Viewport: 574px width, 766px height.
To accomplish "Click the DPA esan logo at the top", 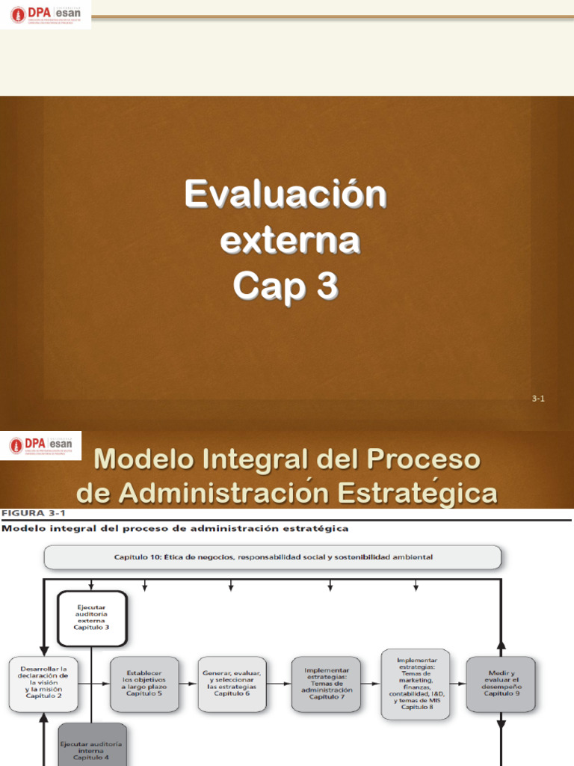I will [x=46, y=15].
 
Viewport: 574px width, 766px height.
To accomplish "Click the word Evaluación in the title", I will [x=286, y=195].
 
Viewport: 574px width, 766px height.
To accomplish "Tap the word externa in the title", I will [x=290, y=240].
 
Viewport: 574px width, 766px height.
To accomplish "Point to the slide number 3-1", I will [x=538, y=399].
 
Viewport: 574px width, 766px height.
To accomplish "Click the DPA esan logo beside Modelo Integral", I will [x=42, y=446].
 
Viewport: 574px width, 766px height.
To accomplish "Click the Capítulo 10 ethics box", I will [x=273, y=557].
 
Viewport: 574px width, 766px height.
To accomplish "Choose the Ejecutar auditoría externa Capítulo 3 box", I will [x=91, y=617].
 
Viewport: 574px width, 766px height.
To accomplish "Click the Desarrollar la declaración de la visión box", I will [x=44, y=683].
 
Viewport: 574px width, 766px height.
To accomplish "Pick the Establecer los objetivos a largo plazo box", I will [x=145, y=684].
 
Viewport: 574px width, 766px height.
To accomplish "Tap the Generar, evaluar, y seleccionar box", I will [x=234, y=684].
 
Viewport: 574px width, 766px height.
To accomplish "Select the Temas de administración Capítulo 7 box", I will [x=327, y=684].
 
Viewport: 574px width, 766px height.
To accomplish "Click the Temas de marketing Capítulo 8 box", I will [x=416, y=684].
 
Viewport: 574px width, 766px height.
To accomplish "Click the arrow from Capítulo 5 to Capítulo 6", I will [x=189, y=684].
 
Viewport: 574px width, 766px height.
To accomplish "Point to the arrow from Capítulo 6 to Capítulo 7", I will [x=281, y=684].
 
